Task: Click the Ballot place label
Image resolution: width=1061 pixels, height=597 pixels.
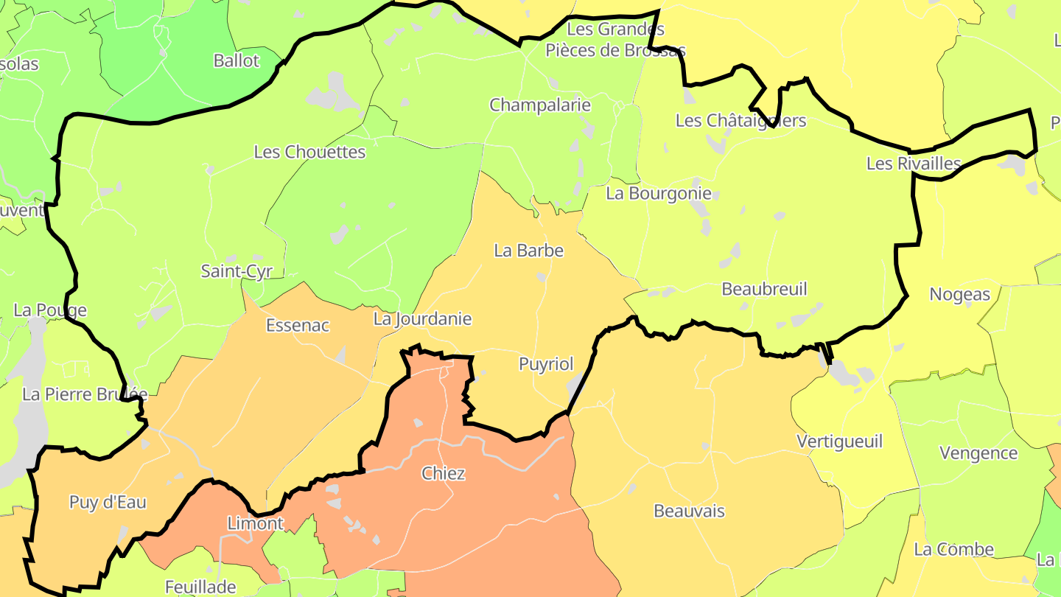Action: pyautogui.click(x=237, y=60)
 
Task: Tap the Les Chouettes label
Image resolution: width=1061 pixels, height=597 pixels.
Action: pyautogui.click(x=309, y=152)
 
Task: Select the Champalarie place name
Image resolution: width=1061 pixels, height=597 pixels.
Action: pyautogui.click(x=540, y=105)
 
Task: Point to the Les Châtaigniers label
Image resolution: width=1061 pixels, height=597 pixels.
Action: pyautogui.click(x=740, y=120)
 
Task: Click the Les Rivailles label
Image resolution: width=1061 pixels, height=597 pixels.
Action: pyautogui.click(x=914, y=164)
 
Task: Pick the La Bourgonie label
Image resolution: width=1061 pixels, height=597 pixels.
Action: pyautogui.click(x=659, y=193)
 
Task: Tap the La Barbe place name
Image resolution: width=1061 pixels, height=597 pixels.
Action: pyautogui.click(x=528, y=251)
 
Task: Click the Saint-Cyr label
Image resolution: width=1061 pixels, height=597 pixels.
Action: pyautogui.click(x=237, y=271)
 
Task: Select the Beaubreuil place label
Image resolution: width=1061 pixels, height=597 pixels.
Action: pyautogui.click(x=764, y=289)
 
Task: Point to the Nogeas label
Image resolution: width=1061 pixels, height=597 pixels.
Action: pyautogui.click(x=960, y=294)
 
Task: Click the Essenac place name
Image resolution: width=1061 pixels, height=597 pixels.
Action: pyautogui.click(x=297, y=325)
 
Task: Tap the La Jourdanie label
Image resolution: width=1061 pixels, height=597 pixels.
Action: pyautogui.click(x=422, y=319)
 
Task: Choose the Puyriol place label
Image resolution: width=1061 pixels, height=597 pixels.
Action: pyautogui.click(x=546, y=364)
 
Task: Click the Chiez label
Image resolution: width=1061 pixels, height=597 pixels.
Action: pyautogui.click(x=443, y=473)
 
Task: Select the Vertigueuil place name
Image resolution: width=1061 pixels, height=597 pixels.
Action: pyautogui.click(x=839, y=441)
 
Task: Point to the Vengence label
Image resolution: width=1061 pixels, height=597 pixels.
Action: pyautogui.click(x=978, y=453)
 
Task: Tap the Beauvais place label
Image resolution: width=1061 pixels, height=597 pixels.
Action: pyautogui.click(x=689, y=511)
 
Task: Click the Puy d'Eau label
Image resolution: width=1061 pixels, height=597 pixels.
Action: pyautogui.click(x=108, y=503)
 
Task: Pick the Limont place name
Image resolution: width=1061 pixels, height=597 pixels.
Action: pyautogui.click(x=255, y=523)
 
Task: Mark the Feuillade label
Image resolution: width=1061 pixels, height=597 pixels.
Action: pyautogui.click(x=200, y=587)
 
